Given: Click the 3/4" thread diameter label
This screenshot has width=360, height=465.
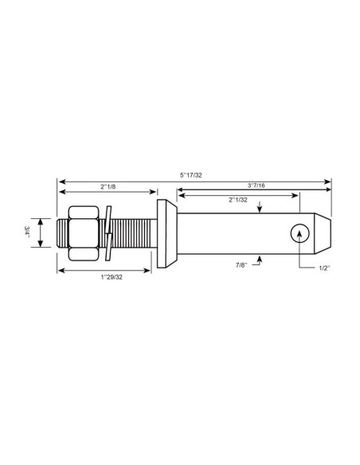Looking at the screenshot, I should (x=28, y=232).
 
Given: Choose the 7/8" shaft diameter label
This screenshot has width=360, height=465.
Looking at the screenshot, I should (x=241, y=262).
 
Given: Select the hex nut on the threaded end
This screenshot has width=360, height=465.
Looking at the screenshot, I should (x=84, y=232).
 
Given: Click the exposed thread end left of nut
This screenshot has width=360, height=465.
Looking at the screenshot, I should (x=64, y=232).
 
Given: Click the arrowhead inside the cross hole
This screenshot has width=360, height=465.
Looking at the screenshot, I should (x=299, y=230).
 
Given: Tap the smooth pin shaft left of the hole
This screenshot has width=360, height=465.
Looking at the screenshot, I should (x=231, y=232).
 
